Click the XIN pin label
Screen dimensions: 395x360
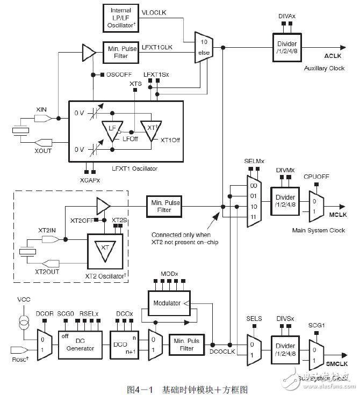tap(41, 109)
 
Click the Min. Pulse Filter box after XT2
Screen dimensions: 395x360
tap(164, 207)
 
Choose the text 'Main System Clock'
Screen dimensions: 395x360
tap(319, 230)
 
